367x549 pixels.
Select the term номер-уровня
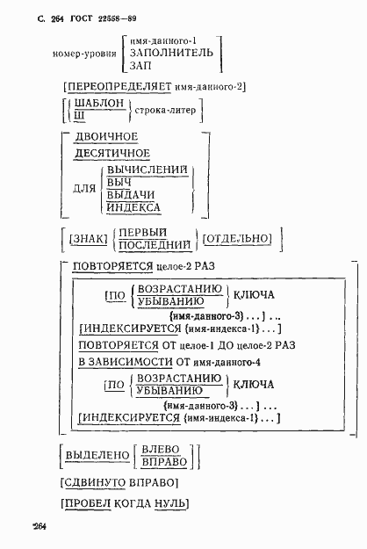tap(83, 53)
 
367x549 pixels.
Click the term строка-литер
tap(165, 110)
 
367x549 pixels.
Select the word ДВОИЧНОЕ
tap(106, 136)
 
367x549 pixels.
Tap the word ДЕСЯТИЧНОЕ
tap(112, 153)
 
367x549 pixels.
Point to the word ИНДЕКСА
tap(133, 207)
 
